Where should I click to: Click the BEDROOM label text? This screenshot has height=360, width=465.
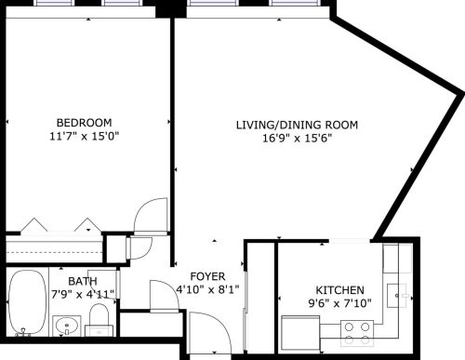click(84, 123)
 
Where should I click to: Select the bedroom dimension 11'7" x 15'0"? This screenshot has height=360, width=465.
click(84, 137)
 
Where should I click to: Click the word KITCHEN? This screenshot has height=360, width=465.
click(339, 290)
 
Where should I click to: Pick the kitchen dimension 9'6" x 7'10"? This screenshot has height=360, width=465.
click(339, 303)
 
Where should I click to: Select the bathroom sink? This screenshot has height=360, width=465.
click(65, 327)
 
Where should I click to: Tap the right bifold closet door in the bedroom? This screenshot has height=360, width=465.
click(86, 226)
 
